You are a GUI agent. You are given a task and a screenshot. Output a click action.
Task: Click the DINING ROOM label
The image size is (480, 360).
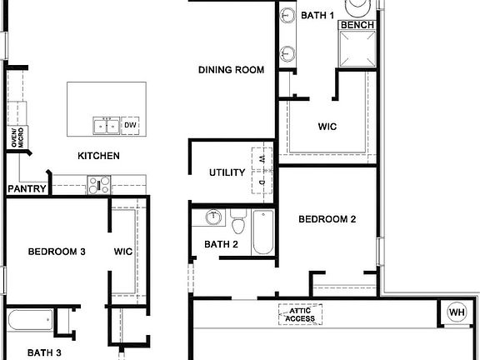[231, 70]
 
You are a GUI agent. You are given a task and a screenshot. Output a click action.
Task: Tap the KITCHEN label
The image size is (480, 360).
[98, 156]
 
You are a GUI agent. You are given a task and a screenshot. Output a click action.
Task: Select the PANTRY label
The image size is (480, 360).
[26, 189]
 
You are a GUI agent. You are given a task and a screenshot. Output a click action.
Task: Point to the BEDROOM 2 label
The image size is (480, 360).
[327, 220]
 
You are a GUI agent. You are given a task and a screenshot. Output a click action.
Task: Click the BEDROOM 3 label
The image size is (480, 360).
[57, 251]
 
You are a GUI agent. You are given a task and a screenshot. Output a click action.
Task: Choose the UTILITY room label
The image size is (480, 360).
[227, 173]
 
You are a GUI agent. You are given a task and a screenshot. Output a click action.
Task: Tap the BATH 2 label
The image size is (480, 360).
[222, 244]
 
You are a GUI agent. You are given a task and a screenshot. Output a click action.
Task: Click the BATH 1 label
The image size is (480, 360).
[317, 15]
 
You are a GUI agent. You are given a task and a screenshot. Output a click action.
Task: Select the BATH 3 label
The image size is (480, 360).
[43, 353]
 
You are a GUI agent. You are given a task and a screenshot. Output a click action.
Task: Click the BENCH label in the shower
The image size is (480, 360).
[356, 26]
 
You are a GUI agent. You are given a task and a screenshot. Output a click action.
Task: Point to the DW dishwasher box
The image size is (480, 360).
[130, 126]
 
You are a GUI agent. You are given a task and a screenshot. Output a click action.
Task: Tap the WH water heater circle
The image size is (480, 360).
[456, 312]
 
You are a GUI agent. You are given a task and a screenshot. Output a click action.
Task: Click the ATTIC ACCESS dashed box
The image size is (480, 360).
[300, 313]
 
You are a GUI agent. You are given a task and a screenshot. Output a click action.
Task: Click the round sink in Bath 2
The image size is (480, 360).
[213, 218]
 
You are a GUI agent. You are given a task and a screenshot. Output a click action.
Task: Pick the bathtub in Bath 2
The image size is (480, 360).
[262, 232]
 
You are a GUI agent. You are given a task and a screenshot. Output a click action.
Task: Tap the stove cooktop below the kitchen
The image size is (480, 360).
[100, 186]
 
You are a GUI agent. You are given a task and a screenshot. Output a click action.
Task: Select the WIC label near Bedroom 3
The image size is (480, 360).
[123, 251]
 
